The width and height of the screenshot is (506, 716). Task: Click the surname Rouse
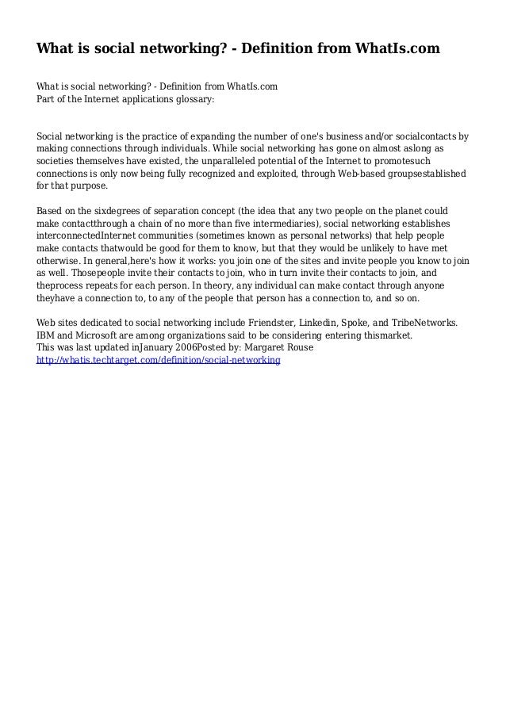[x=275, y=347]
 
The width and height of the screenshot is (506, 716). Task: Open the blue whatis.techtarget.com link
[x=159, y=360]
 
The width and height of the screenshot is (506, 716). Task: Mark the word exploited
[x=260, y=174]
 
